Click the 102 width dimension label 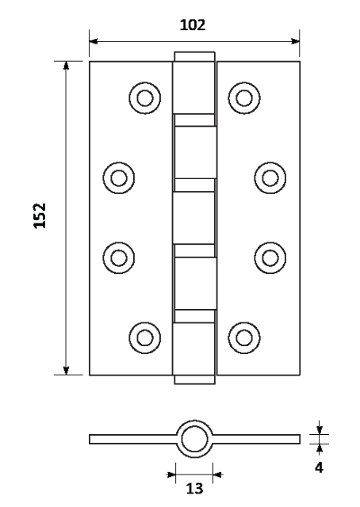pos(193,25)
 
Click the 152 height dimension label pos(40,215)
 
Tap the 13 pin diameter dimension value pos(194,489)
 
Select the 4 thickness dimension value pos(319,467)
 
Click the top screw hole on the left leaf pos(144,98)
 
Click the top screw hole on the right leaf pos(244,98)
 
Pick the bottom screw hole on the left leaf pos(144,338)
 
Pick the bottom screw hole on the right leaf pos(244,338)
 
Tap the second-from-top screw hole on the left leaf pos(119,177)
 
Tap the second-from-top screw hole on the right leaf pos(270,177)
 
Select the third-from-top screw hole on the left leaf pos(119,258)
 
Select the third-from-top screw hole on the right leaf pos(270,258)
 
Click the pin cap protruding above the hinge pos(194,56)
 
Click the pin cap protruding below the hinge pos(194,379)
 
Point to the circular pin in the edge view pos(194,439)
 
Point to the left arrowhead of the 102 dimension pos(94,41)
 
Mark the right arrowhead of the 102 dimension pos(295,41)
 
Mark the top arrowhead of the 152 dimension pos(66,65)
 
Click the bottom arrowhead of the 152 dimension pos(66,371)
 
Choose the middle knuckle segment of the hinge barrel pos(193,218)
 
